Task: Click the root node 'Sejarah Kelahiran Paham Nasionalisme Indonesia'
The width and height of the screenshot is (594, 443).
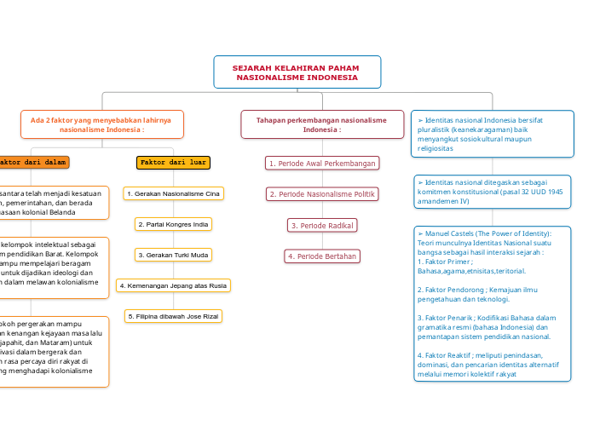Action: click(x=297, y=72)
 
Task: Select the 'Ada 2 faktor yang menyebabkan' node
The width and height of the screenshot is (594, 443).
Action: click(x=101, y=125)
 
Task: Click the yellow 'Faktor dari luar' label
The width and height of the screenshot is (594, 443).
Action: click(x=173, y=162)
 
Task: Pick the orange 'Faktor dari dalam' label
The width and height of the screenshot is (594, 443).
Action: click(x=32, y=162)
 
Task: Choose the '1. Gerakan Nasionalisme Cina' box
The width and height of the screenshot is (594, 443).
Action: click(x=173, y=194)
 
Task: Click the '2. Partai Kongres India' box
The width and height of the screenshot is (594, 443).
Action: click(x=173, y=224)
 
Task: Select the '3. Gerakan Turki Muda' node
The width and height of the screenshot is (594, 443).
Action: click(x=173, y=255)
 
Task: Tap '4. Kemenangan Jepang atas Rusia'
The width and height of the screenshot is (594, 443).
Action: click(x=173, y=285)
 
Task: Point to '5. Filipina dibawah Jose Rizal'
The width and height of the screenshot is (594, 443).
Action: click(x=173, y=316)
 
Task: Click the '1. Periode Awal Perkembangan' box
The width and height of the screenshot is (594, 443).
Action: click(x=321, y=163)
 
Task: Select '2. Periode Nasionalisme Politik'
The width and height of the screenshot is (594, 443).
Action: click(x=321, y=194)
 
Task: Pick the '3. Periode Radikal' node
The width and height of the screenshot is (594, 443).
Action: click(x=321, y=225)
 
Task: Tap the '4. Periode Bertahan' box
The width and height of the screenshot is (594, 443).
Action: click(x=321, y=256)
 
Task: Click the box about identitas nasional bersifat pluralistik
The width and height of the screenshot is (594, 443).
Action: click(x=493, y=134)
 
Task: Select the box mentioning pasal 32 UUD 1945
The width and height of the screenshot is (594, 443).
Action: click(x=493, y=192)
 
